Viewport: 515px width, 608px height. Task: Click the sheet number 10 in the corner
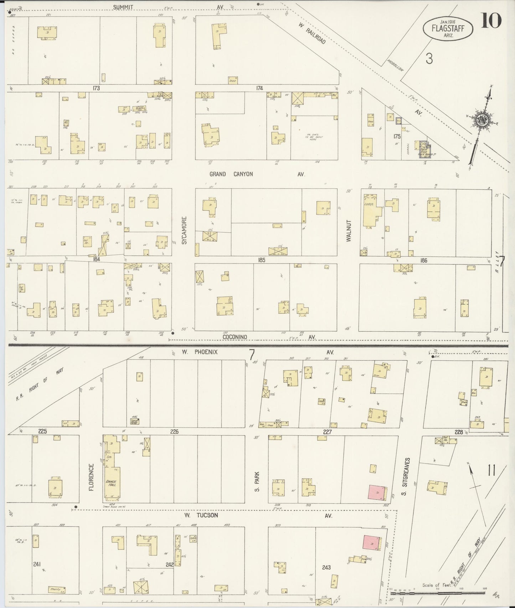(x=491, y=20)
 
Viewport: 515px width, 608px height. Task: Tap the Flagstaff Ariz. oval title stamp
(x=448, y=28)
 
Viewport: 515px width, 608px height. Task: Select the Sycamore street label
(x=184, y=230)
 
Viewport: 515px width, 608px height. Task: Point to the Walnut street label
(x=349, y=231)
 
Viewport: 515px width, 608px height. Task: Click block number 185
(x=261, y=260)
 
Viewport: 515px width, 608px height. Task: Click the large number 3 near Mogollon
(x=429, y=58)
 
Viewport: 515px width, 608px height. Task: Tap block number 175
(x=397, y=136)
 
